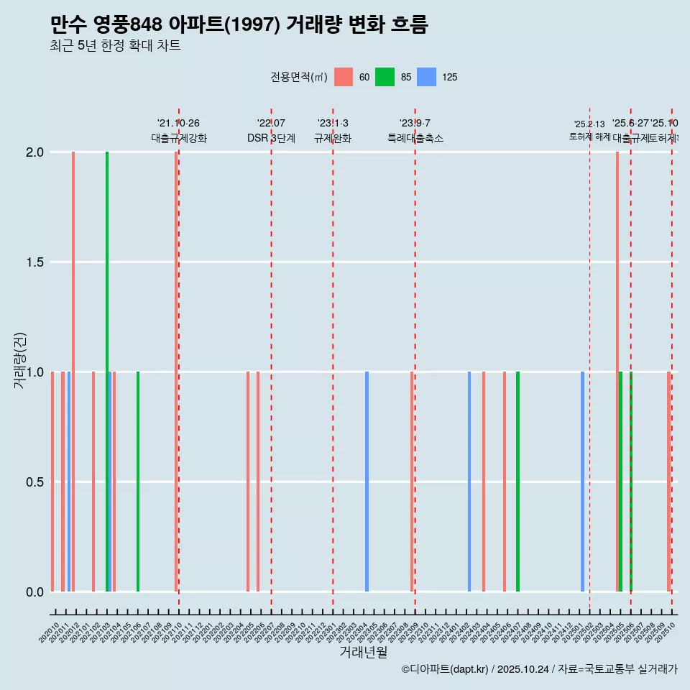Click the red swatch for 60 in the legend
coord(344,77)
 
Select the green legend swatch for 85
coord(385,77)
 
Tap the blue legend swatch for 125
coord(426,77)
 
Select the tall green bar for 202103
coord(107,372)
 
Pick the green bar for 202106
coord(138,482)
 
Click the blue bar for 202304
coord(367,482)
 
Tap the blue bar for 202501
coord(582,482)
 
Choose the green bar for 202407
coord(517,482)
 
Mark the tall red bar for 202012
coord(73,372)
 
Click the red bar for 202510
coord(668,482)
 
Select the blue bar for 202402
coord(469,482)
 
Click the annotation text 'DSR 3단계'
coord(272,138)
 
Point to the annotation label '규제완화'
coord(333,138)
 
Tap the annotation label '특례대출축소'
coord(415,138)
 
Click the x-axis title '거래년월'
coord(363,653)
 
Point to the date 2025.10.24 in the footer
coord(523,669)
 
